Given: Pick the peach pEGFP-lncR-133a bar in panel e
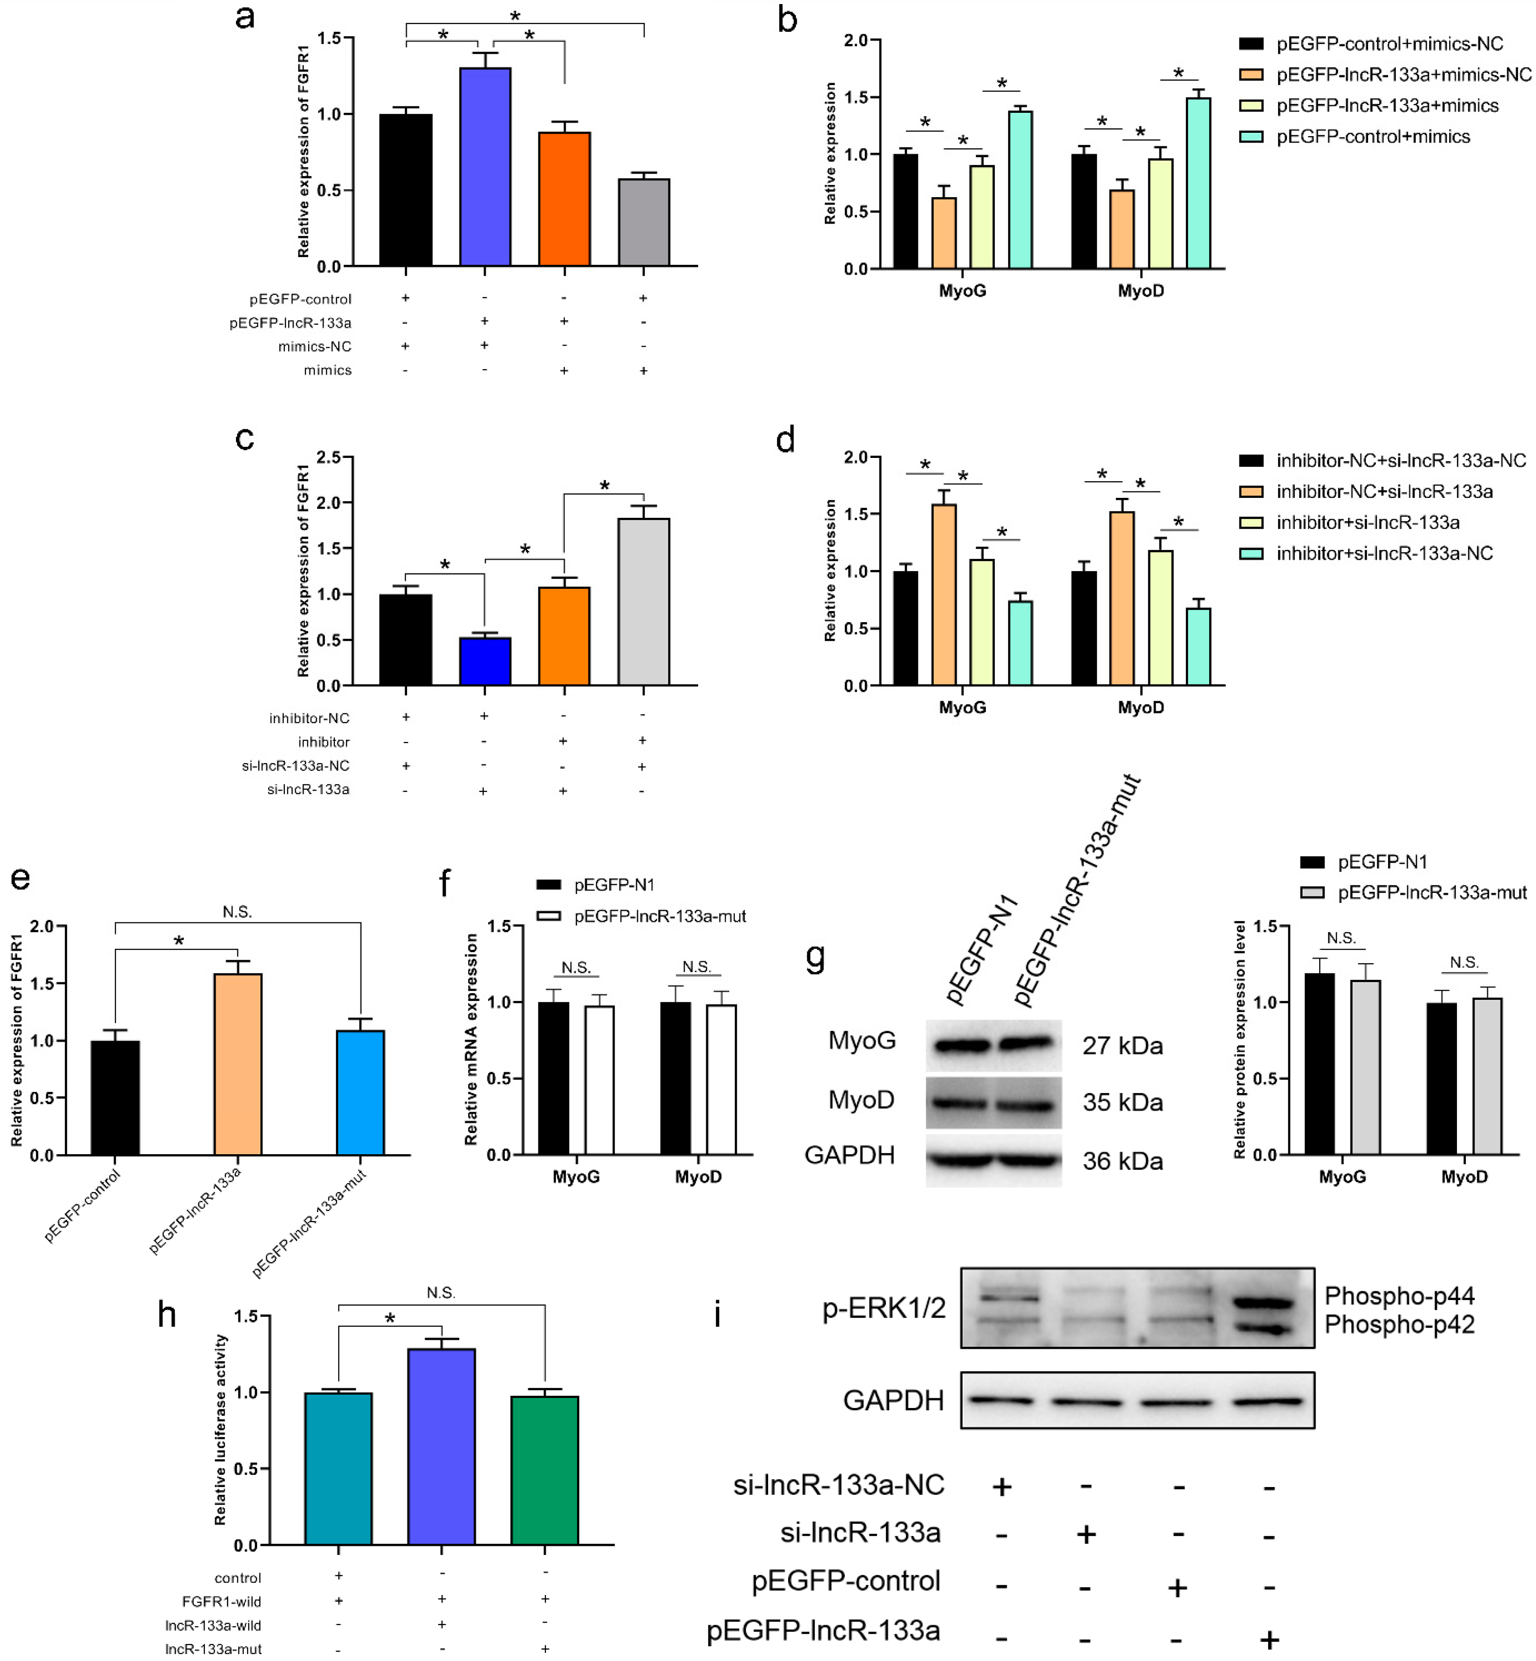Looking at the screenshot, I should click(x=238, y=1064).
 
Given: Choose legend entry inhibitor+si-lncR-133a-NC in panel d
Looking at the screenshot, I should click(x=1384, y=553).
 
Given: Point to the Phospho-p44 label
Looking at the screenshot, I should click(x=1399, y=1296).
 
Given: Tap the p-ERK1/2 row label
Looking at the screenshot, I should click(x=884, y=1308).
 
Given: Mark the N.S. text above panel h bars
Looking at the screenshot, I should click(x=441, y=1293).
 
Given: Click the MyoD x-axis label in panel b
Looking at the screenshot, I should click(x=1140, y=291).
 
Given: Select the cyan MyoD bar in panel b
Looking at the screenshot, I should click(x=1198, y=183).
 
